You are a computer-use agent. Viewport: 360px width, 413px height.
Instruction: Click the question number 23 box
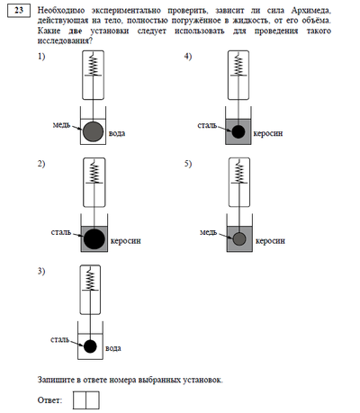tap(19, 11)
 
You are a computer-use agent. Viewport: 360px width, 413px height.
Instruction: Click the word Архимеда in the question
tap(311, 11)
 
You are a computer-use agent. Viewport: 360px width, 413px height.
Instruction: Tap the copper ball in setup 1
tap(93, 131)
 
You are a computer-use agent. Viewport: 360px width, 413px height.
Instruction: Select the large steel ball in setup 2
tap(94, 238)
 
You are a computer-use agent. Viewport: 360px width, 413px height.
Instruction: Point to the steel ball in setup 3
tap(90, 346)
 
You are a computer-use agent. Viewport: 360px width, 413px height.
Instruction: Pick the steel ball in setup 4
tap(238, 131)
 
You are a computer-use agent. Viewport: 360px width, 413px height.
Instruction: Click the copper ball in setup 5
tap(239, 239)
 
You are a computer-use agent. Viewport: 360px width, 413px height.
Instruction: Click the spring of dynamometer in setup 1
tap(94, 65)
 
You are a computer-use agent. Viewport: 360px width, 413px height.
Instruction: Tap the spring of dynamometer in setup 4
tap(238, 65)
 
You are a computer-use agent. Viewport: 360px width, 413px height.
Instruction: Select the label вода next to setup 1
tap(117, 133)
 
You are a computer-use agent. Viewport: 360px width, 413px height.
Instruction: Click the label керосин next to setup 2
tap(126, 241)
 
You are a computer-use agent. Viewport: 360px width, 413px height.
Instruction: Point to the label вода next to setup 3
tap(113, 348)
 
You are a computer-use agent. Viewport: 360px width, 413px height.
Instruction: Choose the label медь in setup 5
tap(208, 232)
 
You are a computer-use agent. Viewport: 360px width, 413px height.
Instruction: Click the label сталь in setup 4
tap(207, 125)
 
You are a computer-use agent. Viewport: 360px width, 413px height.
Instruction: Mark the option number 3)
tap(41, 271)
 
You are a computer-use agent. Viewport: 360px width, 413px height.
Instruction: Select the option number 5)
tap(188, 164)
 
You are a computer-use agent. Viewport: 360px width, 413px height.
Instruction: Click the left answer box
tap(79, 400)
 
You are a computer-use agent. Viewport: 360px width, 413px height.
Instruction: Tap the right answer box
tap(93, 400)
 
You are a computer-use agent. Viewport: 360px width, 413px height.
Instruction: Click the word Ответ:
tap(50, 400)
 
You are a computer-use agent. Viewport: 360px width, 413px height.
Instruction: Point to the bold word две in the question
tap(75, 31)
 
